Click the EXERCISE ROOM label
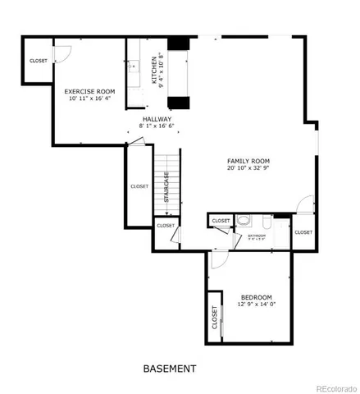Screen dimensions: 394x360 click(89, 91)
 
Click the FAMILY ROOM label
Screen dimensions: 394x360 click(248, 161)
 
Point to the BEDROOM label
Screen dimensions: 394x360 click(256, 296)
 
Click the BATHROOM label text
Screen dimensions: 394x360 click(257, 236)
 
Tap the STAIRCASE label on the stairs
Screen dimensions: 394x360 click(166, 187)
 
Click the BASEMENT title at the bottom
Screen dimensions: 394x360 click(170, 368)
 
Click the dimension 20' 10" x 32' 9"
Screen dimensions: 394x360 click(248, 168)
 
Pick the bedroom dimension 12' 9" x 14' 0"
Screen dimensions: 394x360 click(256, 305)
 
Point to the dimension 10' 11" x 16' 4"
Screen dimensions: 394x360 click(89, 98)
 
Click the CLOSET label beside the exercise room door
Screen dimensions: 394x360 click(39, 61)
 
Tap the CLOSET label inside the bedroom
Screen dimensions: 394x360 click(215, 318)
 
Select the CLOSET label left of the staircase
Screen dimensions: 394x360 click(139, 186)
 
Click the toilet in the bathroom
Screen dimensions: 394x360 click(243, 222)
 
